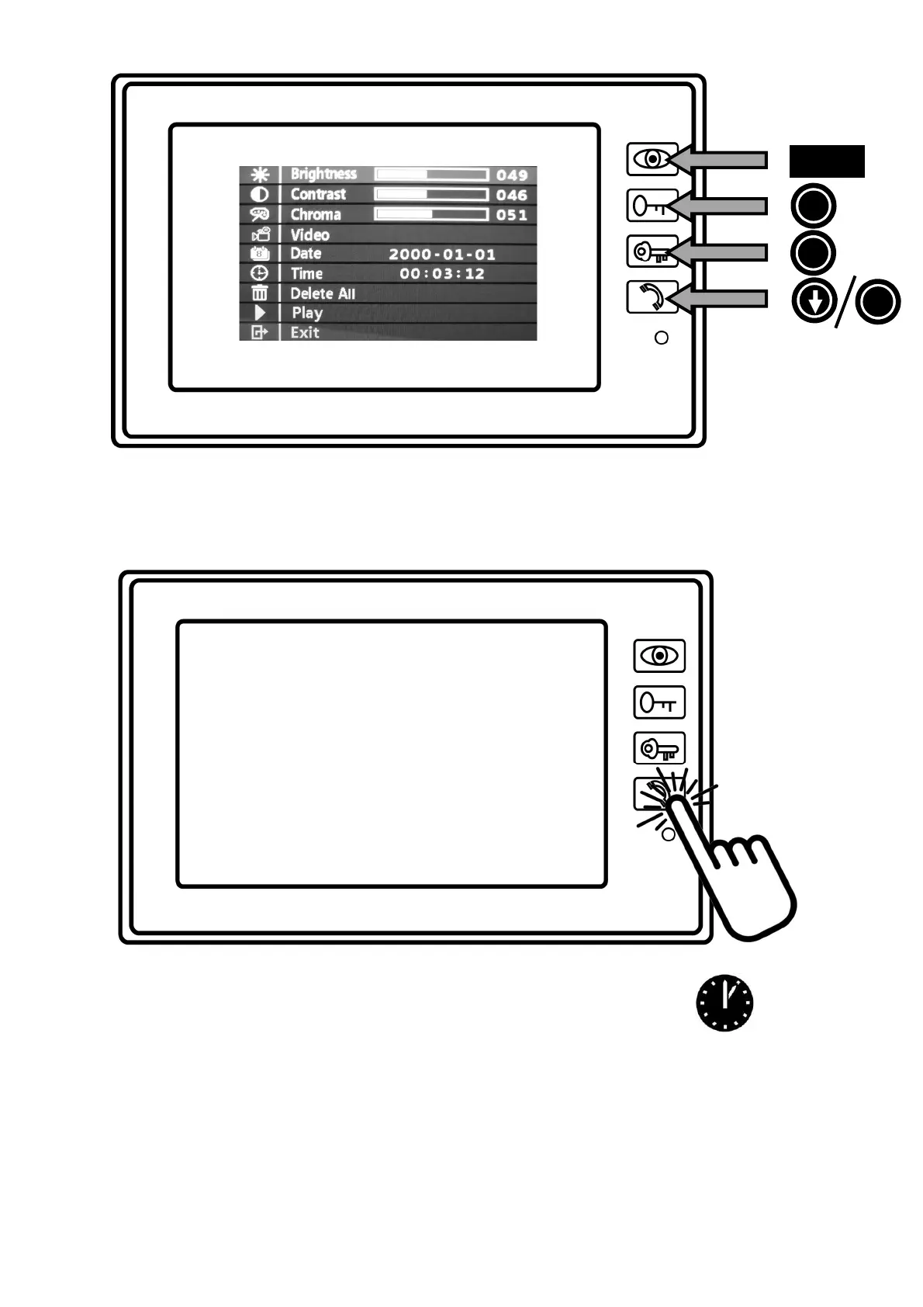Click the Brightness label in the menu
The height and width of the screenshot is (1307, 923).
click(323, 174)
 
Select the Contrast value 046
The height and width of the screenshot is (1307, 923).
click(511, 195)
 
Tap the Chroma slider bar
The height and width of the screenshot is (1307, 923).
click(431, 214)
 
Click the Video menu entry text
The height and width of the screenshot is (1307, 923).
click(309, 234)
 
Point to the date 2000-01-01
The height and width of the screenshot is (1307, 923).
click(441, 254)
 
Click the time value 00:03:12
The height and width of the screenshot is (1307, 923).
click(441, 273)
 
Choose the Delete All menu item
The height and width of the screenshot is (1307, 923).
click(323, 293)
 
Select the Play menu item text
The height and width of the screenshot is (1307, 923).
click(307, 313)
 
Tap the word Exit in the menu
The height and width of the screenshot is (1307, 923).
click(305, 332)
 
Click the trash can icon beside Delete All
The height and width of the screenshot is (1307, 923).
click(259, 293)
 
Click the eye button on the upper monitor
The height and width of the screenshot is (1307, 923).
click(652, 159)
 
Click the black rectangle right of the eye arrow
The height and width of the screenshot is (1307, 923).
click(827, 161)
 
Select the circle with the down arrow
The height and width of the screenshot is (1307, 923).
click(814, 302)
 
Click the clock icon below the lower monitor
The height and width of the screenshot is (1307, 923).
click(724, 1003)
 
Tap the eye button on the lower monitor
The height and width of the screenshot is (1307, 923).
click(659, 656)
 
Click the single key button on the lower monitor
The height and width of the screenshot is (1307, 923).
click(659, 702)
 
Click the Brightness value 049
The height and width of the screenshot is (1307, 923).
click(511, 175)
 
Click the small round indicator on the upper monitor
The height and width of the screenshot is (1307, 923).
click(662, 338)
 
